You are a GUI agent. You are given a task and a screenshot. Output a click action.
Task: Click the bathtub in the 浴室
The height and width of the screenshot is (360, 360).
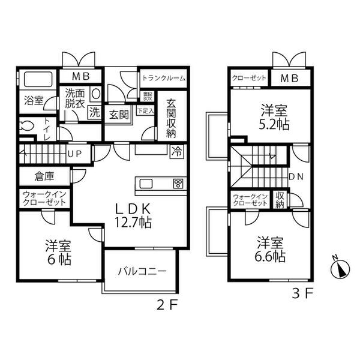coord(38,80)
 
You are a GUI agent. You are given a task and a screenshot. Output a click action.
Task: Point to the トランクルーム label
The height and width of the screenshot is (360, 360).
coord(163,78)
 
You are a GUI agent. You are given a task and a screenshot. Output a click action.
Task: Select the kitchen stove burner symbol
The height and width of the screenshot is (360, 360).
coord(177,184)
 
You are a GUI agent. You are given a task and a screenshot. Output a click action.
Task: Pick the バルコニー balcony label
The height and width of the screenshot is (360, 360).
coord(142,271)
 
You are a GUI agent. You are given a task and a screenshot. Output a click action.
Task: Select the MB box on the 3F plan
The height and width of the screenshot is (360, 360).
coord(290,78)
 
